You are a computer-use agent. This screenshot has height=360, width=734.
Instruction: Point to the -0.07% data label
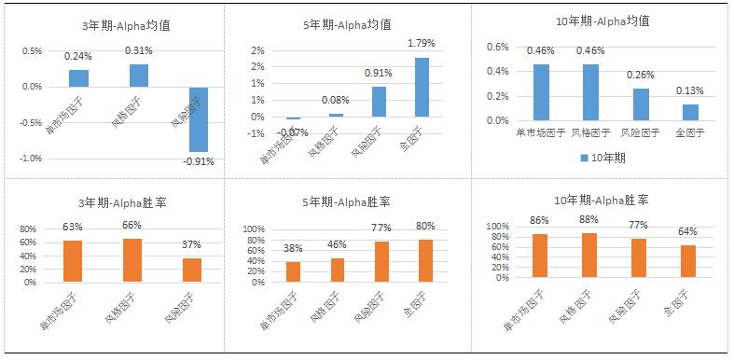click(293, 133)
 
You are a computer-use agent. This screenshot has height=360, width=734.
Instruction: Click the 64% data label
click(687, 231)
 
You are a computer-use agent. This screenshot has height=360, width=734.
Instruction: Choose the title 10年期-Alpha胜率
click(602, 200)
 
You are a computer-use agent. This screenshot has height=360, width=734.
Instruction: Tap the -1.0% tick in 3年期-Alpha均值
click(30, 159)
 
